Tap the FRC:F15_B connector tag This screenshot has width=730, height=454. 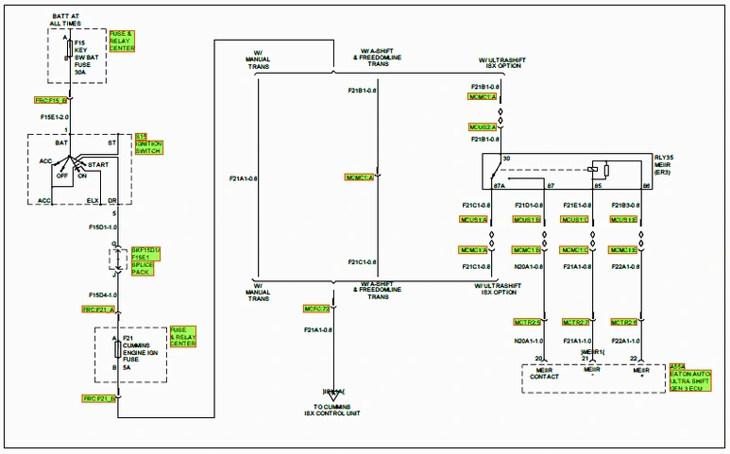click(x=51, y=99)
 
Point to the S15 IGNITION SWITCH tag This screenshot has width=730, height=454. click(x=149, y=143)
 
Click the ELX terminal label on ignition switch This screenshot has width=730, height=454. click(x=93, y=200)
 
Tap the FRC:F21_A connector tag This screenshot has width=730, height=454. click(x=98, y=309)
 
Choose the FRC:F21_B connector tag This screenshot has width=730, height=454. click(x=98, y=399)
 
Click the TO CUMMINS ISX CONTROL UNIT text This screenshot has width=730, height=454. click(x=333, y=409)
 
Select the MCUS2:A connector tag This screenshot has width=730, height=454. click(x=483, y=126)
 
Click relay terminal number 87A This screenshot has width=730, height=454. click(x=500, y=186)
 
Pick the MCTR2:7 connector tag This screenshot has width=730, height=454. click(x=575, y=322)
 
